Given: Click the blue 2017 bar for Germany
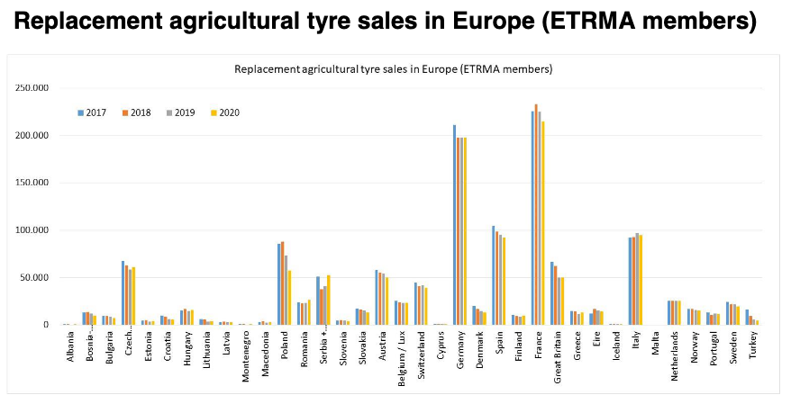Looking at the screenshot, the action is coord(455,225).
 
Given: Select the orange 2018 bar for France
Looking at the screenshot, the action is coord(536,214).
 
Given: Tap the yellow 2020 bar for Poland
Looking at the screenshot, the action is coord(289,298).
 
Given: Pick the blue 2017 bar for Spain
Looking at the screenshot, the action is coord(494,275).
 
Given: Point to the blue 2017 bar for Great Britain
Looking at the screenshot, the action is coord(552,293).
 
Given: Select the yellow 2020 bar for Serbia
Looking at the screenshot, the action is coord(329,301).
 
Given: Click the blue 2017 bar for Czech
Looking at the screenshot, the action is coord(123,292).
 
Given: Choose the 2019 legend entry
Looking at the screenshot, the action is coord(180,112).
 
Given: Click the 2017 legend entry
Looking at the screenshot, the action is coord(92,112).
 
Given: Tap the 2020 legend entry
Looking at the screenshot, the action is coord(225,112).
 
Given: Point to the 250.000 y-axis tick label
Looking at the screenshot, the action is coord(32,88).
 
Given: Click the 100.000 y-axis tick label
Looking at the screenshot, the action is coord(32,230).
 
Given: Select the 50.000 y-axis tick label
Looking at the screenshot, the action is coord(34,277).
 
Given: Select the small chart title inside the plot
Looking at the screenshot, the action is coord(394,69).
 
